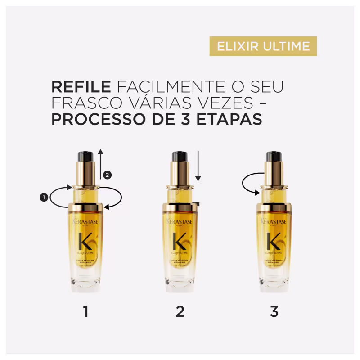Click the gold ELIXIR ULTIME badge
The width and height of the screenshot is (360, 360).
tap(263, 46)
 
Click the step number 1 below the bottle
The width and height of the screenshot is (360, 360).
tap(85, 311)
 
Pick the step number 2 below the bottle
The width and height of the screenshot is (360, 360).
tap(180, 311)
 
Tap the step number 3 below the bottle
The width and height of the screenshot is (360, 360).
tap(274, 311)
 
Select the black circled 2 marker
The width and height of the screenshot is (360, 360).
tap(107, 174)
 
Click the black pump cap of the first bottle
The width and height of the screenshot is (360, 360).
tap(85, 157)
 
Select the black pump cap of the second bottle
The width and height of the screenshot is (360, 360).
tap(180, 157)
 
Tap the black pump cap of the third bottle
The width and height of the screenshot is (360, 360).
tap(274, 157)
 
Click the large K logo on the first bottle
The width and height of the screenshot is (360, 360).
tap(85, 242)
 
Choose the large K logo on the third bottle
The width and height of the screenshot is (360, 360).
tap(273, 242)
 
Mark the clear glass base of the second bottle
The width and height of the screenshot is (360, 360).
tap(180, 281)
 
